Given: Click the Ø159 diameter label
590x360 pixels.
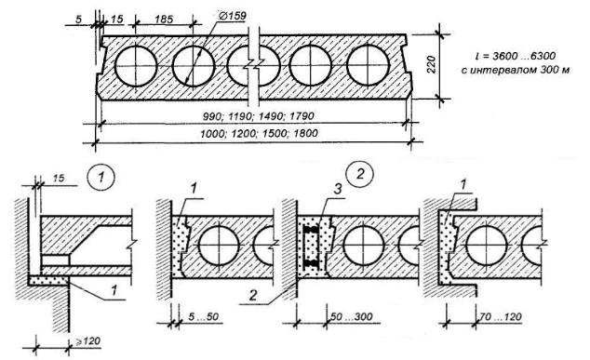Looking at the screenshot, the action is pyautogui.click(x=232, y=16).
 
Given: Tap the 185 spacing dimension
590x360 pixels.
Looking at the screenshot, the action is pyautogui.click(x=164, y=19).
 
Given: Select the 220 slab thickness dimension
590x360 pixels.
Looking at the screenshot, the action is pyautogui.click(x=432, y=64).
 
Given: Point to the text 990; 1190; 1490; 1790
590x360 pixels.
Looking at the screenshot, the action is pyautogui.click(x=258, y=116).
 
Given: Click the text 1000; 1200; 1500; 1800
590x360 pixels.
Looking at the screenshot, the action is pyautogui.click(x=259, y=133).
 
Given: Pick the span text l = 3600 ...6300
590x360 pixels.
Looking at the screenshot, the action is pyautogui.click(x=516, y=56).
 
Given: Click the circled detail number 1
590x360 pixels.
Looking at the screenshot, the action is pyautogui.click(x=101, y=177).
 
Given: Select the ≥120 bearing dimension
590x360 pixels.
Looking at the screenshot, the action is pyautogui.click(x=88, y=341).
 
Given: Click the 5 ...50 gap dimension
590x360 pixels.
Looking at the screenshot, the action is pyautogui.click(x=203, y=316).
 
